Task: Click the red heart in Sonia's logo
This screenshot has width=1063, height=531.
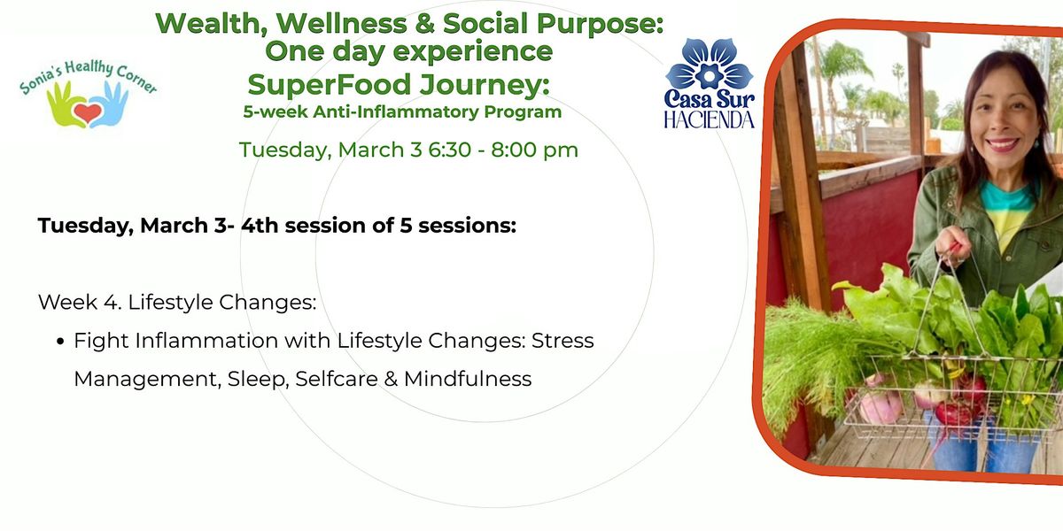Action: (88, 114)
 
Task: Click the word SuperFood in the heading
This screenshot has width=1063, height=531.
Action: (329, 84)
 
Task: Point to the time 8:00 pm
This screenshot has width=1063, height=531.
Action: (534, 150)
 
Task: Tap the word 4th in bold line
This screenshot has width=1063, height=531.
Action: (260, 225)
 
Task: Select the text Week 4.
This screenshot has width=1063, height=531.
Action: (80, 302)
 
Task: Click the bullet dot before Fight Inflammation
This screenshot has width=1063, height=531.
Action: (60, 342)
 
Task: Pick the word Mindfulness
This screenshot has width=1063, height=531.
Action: (468, 379)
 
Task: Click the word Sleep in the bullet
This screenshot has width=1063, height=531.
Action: (258, 380)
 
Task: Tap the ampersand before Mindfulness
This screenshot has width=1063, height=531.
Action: (391, 380)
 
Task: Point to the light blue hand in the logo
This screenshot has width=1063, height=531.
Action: (110, 104)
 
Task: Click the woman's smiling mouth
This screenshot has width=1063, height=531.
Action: (1002, 144)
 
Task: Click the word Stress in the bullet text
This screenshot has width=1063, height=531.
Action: (563, 341)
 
